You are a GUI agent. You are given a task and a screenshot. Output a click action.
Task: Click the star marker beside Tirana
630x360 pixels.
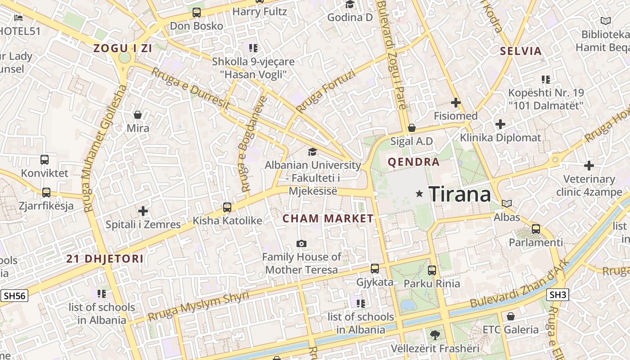pos(419,193)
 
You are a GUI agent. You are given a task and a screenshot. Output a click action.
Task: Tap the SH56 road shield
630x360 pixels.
pos(14,296)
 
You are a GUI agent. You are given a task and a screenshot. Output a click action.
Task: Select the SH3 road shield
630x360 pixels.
pos(558,295)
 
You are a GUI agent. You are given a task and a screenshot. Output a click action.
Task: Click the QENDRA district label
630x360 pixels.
pos(414,162)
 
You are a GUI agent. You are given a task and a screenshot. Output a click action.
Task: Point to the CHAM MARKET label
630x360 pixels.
pos(328,219)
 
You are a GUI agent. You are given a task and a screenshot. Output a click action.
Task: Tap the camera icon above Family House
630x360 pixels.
pos(301,244)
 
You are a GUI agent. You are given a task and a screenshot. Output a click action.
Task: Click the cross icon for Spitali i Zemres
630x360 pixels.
pos(143,211)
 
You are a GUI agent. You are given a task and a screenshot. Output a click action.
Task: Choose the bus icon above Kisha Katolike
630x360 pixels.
pos(227,207)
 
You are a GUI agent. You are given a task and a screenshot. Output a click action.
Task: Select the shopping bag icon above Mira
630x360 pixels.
pos(138,115)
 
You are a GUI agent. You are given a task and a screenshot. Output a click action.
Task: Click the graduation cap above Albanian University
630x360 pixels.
pos(312,152)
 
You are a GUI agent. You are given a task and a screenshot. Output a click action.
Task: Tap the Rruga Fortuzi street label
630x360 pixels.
pos(325,91)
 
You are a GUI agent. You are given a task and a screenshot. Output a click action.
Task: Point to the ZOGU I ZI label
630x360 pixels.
pos(122,49)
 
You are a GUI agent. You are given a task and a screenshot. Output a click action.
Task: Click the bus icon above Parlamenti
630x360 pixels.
pos(535,229)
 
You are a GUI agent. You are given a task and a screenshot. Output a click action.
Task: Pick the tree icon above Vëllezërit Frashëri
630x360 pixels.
pos(435,335)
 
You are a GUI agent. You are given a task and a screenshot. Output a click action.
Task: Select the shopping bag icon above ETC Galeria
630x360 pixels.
pos(510,316)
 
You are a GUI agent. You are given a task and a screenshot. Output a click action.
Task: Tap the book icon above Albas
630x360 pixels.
pos(507,204)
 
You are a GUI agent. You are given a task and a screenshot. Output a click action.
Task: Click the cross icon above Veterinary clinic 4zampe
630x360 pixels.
pos(589,166)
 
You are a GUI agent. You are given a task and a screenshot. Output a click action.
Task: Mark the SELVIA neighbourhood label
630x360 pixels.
pos(521,51)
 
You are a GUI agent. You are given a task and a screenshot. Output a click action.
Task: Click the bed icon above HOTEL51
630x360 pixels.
pos(18,18)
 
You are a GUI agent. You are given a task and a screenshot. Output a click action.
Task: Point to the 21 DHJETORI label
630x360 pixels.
pos(105,259)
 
